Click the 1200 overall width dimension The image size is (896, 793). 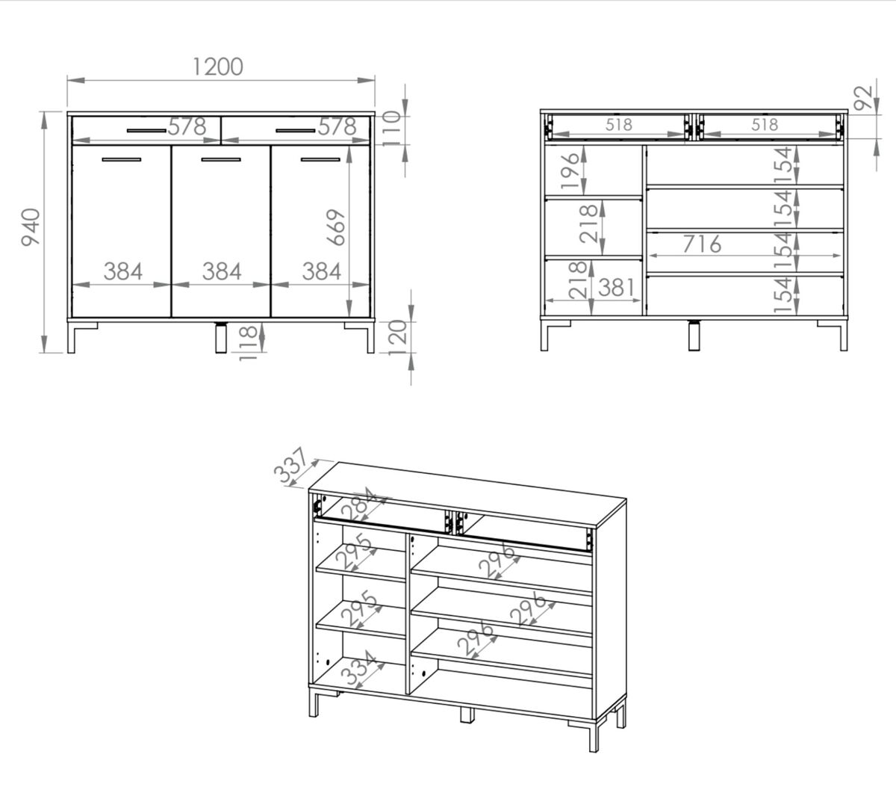point(218,67)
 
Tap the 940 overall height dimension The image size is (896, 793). point(31,226)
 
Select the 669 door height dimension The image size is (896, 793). point(336,227)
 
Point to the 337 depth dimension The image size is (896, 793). point(290,466)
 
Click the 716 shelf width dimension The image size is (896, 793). point(702,244)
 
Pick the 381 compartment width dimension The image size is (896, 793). point(617,287)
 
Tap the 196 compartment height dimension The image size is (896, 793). point(570,170)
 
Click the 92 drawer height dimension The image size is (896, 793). point(863,97)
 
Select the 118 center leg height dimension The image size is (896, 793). point(248,343)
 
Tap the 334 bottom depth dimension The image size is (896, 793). point(359,669)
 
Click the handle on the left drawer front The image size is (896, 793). point(146,131)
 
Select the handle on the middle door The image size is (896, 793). point(221,159)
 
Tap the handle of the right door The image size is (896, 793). point(320,159)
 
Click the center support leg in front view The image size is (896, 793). point(220,337)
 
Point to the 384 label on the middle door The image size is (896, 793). point(222,271)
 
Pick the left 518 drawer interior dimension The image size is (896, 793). point(619,125)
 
